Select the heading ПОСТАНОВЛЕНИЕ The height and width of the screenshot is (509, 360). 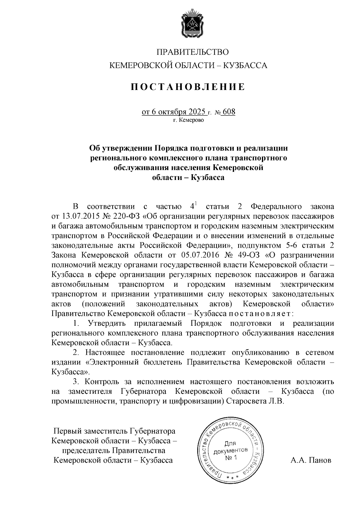(x=188, y=87)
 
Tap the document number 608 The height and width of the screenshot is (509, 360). (x=229, y=112)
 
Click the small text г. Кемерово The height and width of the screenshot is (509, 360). (x=188, y=121)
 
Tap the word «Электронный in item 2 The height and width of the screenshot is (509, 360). (x=112, y=362)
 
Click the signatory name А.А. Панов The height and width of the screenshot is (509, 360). (x=310, y=460)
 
